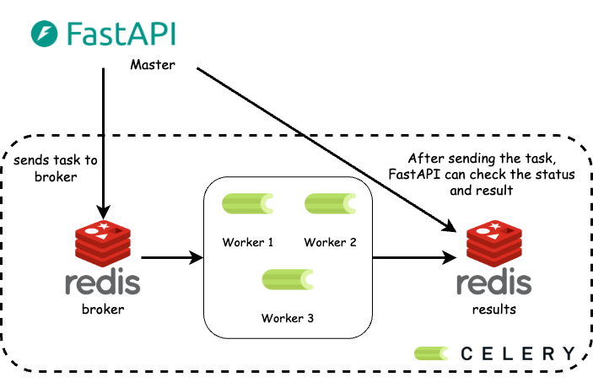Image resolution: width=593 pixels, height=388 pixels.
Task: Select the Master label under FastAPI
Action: coord(152,65)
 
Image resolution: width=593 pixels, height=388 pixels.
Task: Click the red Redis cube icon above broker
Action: coord(102,242)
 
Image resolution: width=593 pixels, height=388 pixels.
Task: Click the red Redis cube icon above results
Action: coord(494,242)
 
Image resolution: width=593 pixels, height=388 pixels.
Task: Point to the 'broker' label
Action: coord(103,309)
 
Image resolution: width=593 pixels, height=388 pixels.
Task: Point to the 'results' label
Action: coord(494,309)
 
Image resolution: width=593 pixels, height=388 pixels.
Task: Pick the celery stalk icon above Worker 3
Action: coord(288,279)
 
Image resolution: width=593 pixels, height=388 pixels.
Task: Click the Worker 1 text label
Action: coord(248,242)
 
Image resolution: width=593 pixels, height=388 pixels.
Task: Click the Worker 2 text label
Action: coord(331,242)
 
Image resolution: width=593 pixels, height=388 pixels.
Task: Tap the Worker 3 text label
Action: coord(288,318)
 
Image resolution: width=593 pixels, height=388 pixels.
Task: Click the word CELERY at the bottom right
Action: coord(518,353)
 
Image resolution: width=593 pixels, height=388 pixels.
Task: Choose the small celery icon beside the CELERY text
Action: coord(433,353)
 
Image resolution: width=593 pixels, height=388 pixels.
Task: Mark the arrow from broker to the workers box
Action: coord(172,256)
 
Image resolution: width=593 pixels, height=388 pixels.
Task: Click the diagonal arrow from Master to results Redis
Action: coord(321,147)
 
